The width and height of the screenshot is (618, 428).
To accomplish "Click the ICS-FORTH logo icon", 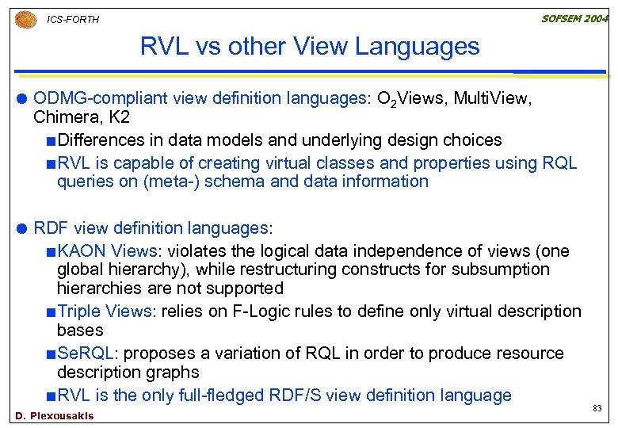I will [x=25, y=18].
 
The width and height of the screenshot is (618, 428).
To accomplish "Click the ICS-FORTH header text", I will [x=74, y=20].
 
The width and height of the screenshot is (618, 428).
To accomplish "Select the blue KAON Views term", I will [x=108, y=251].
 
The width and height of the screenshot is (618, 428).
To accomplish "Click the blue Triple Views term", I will [x=106, y=311].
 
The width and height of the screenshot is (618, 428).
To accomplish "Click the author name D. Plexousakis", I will [x=55, y=416].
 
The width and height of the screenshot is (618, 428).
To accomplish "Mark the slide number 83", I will [x=596, y=409].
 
